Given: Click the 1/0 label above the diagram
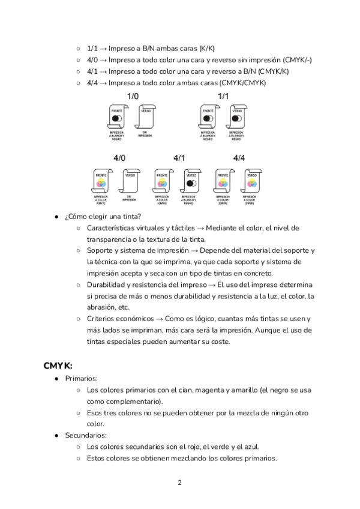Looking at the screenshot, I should (133, 96).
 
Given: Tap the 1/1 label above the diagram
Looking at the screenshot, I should (223, 96).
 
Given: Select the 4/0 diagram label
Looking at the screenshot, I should (119, 158).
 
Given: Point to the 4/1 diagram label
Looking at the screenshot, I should (179, 158).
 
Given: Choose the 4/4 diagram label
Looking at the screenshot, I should (239, 158).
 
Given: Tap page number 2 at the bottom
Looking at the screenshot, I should (179, 483).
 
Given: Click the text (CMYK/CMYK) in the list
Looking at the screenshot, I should (242, 82).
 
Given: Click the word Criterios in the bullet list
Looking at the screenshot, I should (102, 319).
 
